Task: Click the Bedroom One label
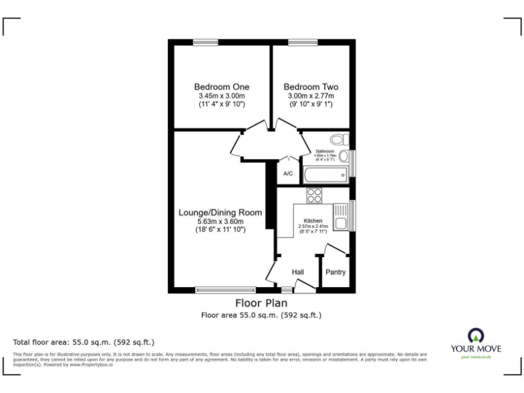221,87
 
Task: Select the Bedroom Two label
310,87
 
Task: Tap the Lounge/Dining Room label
211,212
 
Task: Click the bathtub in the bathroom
326,175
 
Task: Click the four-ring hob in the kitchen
315,195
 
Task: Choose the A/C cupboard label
288,174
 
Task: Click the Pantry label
335,272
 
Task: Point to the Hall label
298,272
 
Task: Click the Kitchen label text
312,221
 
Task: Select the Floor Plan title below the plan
261,303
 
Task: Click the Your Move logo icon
475,334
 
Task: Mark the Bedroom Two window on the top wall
297,43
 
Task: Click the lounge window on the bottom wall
225,290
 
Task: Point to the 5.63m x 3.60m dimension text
211,221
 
